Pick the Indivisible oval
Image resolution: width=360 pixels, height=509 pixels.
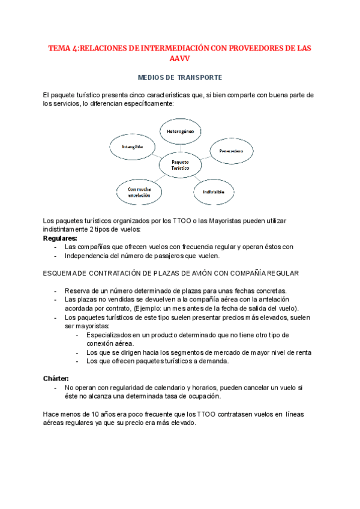coord(213,191)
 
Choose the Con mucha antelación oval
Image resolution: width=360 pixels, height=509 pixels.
coord(138,191)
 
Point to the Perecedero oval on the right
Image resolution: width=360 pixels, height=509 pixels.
coord(231,151)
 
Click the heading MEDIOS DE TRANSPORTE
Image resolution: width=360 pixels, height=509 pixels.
coord(180,77)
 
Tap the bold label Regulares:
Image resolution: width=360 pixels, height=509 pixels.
coord(60,238)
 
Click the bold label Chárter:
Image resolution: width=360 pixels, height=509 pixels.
coord(56,378)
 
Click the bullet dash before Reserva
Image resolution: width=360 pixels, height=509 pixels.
coord(56,291)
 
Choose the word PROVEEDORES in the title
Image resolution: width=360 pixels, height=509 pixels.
coord(242,47)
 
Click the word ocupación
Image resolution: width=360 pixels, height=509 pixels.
coord(203,396)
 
